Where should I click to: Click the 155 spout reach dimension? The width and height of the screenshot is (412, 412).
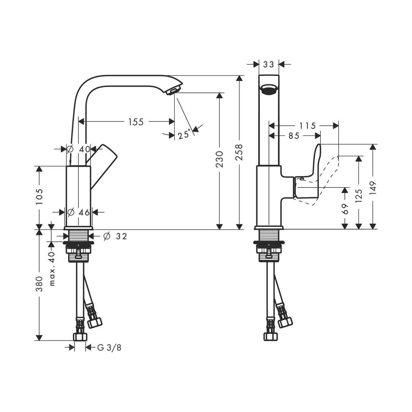[136, 122]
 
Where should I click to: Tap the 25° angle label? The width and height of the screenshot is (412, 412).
[184, 135]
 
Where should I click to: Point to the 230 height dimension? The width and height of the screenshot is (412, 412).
[219, 159]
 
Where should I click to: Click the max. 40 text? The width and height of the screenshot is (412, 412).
[52, 269]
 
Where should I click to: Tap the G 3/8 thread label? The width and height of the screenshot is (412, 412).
[109, 348]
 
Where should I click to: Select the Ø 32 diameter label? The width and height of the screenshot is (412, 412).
[115, 236]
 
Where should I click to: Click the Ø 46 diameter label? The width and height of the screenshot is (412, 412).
[79, 212]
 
